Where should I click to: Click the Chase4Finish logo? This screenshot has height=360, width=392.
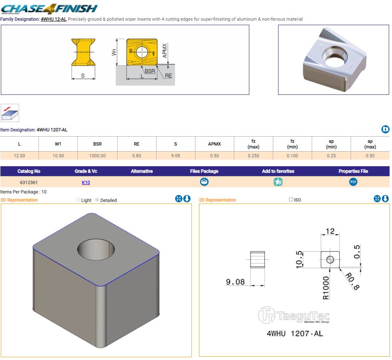click(49, 9)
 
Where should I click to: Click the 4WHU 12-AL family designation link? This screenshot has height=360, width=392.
click(54, 19)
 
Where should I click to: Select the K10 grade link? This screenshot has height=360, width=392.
click(86, 182)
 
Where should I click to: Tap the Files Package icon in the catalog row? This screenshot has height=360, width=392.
click(204, 182)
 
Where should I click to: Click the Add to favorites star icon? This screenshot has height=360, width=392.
click(278, 182)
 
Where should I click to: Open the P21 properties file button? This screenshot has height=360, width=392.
click(353, 182)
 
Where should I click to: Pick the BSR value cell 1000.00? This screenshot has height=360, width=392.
click(98, 156)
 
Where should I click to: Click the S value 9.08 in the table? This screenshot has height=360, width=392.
click(176, 156)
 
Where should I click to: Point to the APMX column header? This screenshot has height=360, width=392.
click(214, 144)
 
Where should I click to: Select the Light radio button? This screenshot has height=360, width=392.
click(78, 200)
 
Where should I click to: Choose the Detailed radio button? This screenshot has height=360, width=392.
click(97, 200)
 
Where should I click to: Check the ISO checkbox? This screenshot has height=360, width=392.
click(291, 199)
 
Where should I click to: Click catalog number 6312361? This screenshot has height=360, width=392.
click(29, 182)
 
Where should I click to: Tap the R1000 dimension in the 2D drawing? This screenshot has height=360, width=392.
click(326, 288)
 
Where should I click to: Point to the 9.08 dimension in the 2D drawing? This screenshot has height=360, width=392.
click(235, 282)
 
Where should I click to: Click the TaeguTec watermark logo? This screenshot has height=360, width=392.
click(294, 315)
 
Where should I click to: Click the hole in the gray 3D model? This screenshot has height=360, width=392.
click(96, 249)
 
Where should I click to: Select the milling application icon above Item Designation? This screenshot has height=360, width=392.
click(10, 113)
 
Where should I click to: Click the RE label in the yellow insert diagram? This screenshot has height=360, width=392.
click(168, 76)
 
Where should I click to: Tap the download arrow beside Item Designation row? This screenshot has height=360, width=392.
click(385, 129)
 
